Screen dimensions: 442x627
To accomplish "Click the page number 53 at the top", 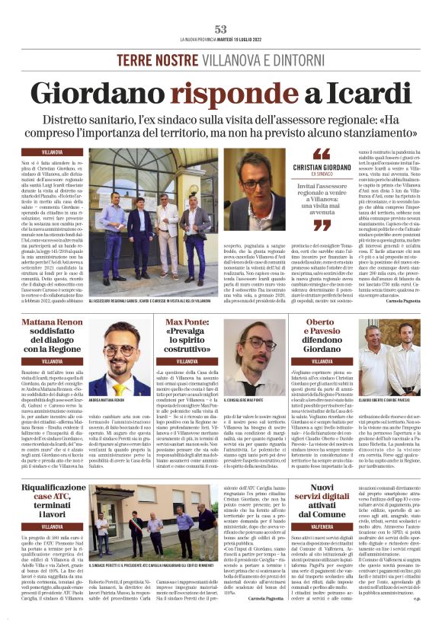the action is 220,29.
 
